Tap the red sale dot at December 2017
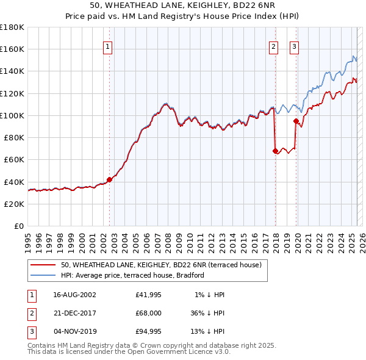pyautogui.click(x=275, y=150)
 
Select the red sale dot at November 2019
pyautogui.click(x=296, y=121)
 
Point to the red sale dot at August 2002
pyautogui.click(x=110, y=179)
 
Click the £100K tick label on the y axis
pyautogui.click(x=12, y=115)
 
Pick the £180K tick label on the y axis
pyautogui.click(x=12, y=27)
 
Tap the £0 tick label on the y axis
pyautogui.click(x=18, y=226)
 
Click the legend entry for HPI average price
pyautogui.click(x=132, y=275)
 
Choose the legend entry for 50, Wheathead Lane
pyautogui.click(x=161, y=265)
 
